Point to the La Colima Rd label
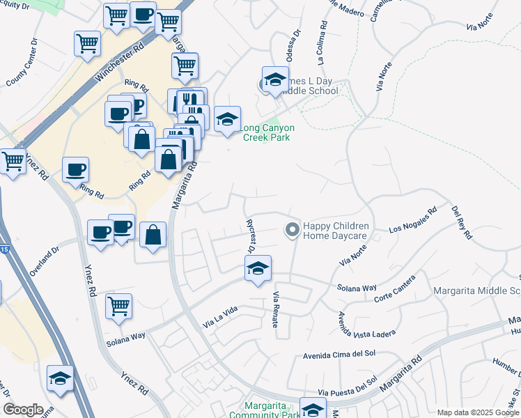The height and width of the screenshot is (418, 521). pyautogui.click(x=322, y=42)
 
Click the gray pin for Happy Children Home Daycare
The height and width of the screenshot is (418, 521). pyautogui.click(x=292, y=229)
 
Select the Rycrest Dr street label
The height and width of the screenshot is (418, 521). pyautogui.click(x=250, y=235)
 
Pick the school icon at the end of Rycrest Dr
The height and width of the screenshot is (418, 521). pyautogui.click(x=258, y=269)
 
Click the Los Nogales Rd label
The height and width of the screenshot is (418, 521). pyautogui.click(x=413, y=219)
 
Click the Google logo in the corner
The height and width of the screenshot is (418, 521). pyautogui.click(x=23, y=409)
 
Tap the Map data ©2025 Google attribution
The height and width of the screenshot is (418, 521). pyautogui.click(x=477, y=412)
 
